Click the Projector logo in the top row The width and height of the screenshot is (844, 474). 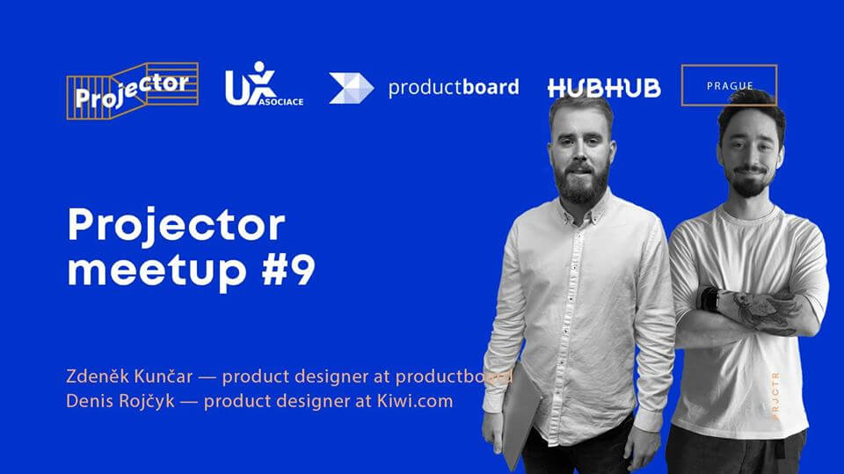[x=133, y=91]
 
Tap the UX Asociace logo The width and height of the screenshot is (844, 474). [x=264, y=84]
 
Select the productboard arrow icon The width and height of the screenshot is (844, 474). [x=352, y=88]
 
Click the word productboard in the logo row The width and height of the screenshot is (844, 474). [x=454, y=87]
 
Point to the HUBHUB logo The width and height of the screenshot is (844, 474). [x=604, y=88]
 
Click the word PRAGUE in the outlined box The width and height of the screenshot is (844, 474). [x=730, y=85]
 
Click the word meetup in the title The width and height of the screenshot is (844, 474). [x=157, y=270]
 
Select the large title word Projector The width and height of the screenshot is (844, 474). [x=176, y=225]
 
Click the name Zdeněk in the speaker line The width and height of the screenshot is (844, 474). [x=98, y=376]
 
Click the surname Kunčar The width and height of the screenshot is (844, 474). [x=164, y=376]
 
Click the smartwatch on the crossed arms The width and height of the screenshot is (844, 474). [x=710, y=299]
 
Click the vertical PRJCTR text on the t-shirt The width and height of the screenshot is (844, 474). [x=775, y=396]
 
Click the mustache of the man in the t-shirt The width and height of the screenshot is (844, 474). [x=750, y=171]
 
